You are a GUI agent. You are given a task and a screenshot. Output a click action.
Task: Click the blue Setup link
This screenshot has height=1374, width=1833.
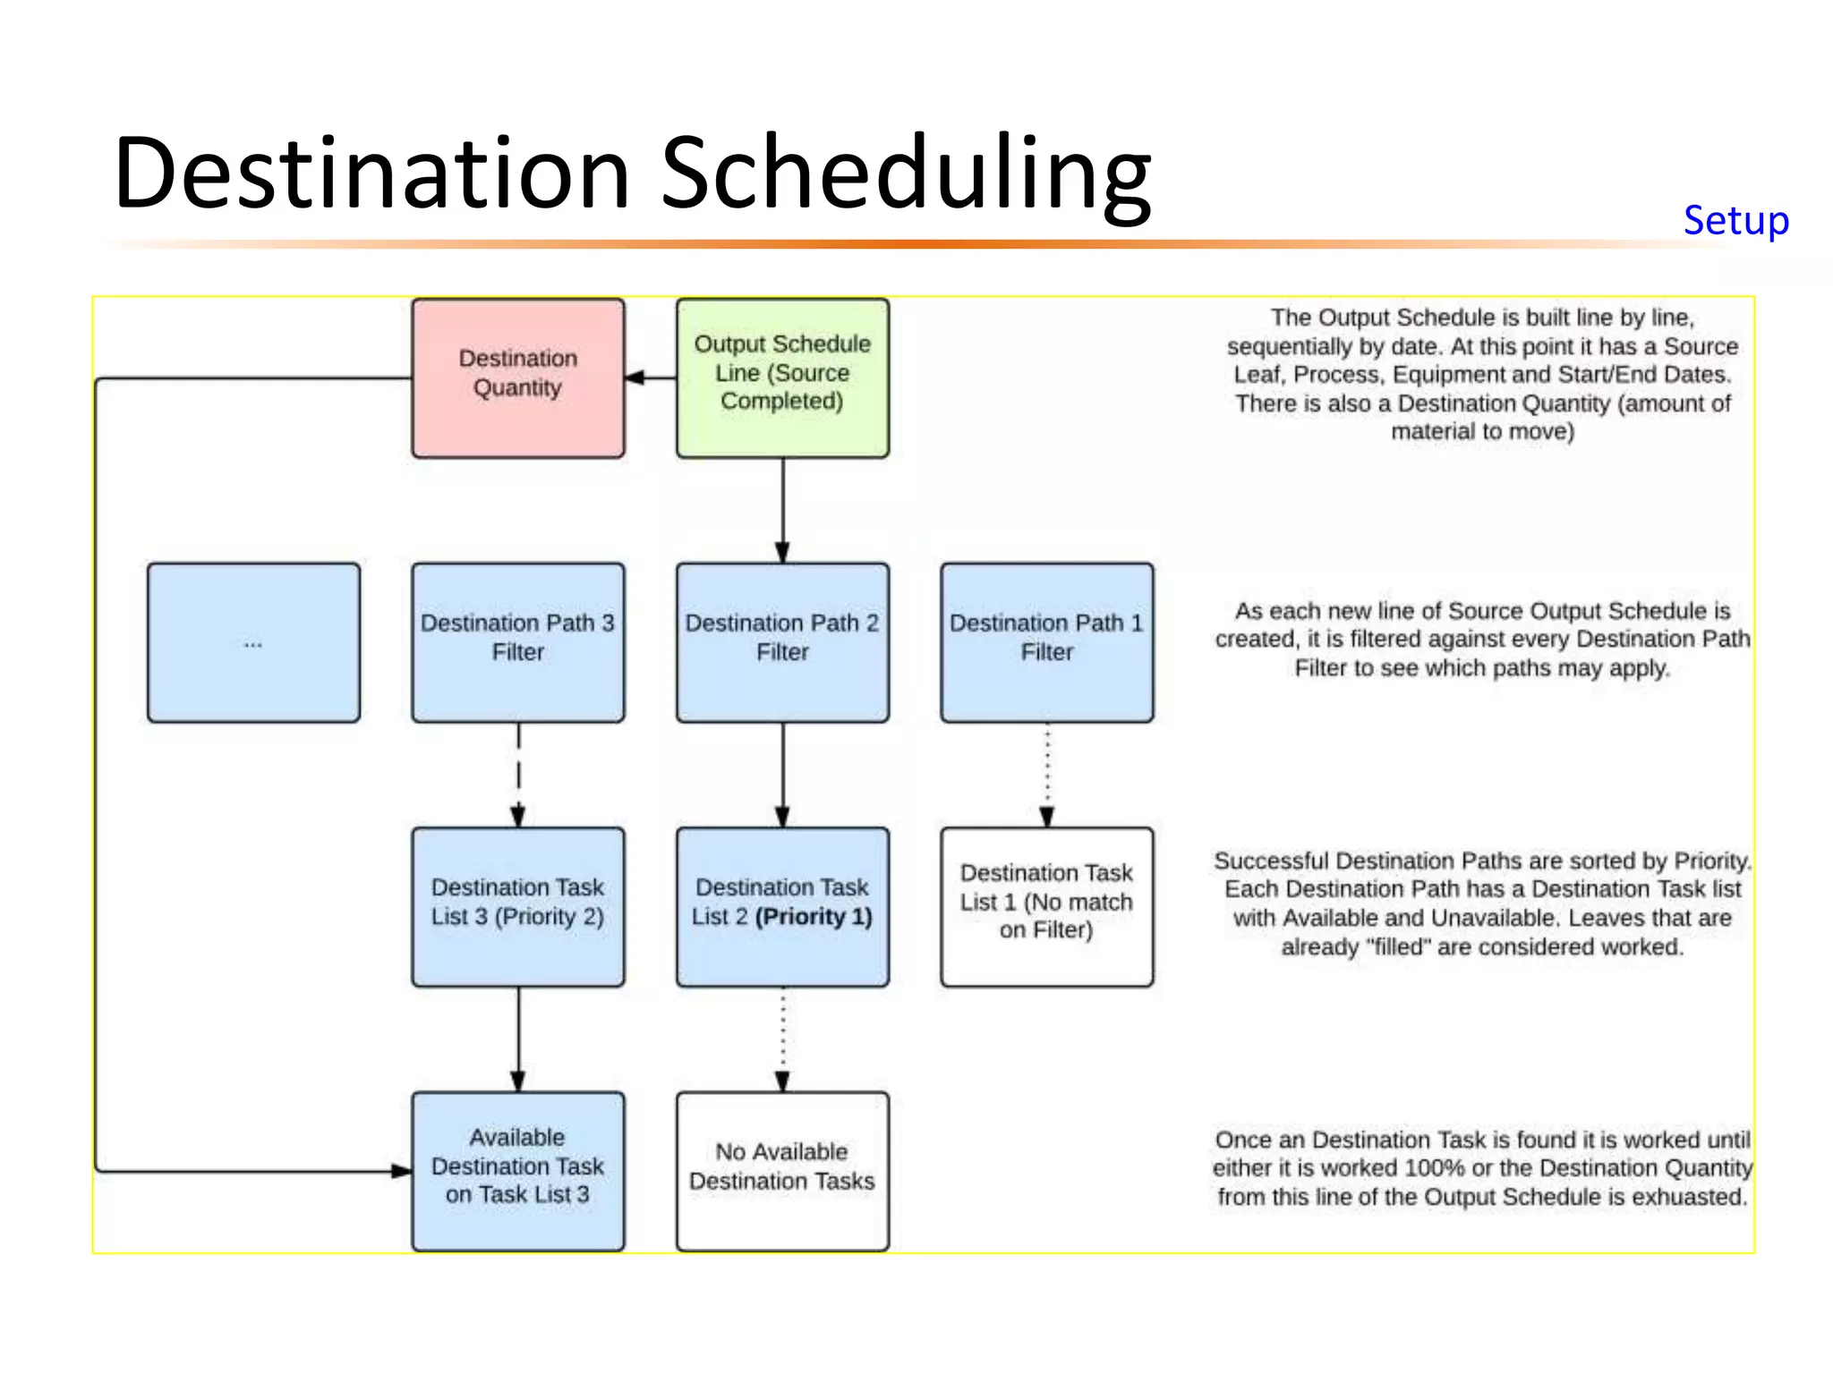pyautogui.click(x=1735, y=221)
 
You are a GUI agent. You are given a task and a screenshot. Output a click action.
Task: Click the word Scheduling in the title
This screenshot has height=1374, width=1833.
pyautogui.click(x=905, y=174)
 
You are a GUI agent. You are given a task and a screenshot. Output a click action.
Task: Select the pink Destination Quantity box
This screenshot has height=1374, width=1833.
pyautogui.click(x=518, y=377)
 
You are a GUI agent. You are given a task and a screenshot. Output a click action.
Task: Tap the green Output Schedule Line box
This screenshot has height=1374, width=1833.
pyautogui.click(x=782, y=377)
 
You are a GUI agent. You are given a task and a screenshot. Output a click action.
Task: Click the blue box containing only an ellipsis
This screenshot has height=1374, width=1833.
pyautogui.click(x=253, y=642)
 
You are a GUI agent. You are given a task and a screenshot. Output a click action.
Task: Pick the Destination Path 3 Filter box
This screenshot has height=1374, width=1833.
pyautogui.click(x=518, y=642)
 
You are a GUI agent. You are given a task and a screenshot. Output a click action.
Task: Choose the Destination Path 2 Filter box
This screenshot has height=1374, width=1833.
pyautogui.click(x=782, y=642)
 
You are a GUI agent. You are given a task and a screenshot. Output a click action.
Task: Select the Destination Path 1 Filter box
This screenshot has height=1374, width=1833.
pyautogui.click(x=1046, y=642)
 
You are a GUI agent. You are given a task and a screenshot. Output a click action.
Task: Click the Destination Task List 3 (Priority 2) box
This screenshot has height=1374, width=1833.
pyautogui.click(x=518, y=906)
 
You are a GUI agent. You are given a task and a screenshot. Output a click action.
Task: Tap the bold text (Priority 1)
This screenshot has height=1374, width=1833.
pyautogui.click(x=814, y=917)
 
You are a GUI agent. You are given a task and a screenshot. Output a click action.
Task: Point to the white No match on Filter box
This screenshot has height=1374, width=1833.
pyautogui.click(x=1046, y=906)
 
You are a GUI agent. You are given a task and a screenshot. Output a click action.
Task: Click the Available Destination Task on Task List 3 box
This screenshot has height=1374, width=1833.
pyautogui.click(x=518, y=1170)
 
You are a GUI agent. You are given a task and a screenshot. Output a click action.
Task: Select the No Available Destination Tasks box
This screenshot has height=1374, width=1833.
pyautogui.click(x=782, y=1170)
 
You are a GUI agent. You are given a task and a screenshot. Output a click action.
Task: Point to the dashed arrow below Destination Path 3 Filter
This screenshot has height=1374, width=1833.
pyautogui.click(x=518, y=775)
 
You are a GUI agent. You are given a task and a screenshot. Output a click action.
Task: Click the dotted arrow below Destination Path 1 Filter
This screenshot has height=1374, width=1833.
pyautogui.click(x=1047, y=775)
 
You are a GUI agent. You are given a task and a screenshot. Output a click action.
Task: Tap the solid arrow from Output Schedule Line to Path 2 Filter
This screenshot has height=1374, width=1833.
pyautogui.click(x=783, y=510)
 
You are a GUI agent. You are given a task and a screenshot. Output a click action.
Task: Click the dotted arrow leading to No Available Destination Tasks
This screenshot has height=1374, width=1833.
pyautogui.click(x=783, y=1039)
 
